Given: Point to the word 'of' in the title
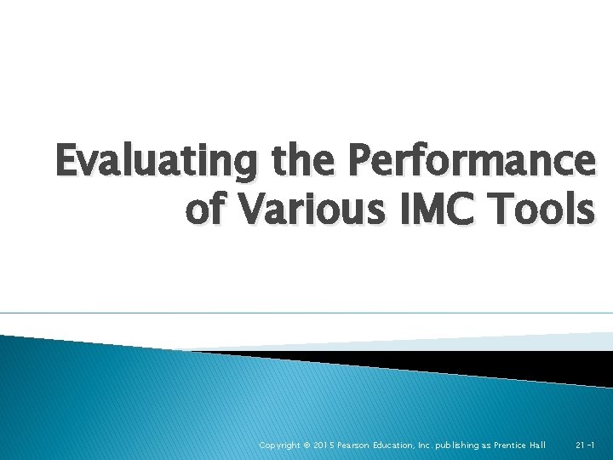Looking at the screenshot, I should click(x=202, y=210).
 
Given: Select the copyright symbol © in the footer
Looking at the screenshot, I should click(x=308, y=446).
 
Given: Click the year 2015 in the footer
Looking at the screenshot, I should click(x=326, y=446).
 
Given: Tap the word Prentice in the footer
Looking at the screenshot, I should click(x=518, y=446).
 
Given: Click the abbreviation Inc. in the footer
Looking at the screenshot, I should click(x=434, y=446).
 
